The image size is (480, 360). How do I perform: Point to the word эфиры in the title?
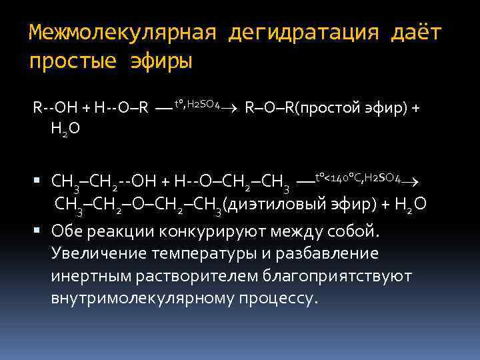click(x=162, y=61)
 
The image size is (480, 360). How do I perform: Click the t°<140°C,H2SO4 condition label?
click(x=357, y=178)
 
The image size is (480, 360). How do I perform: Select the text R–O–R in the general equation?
click(x=270, y=107)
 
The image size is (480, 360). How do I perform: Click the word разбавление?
click(x=327, y=254)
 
